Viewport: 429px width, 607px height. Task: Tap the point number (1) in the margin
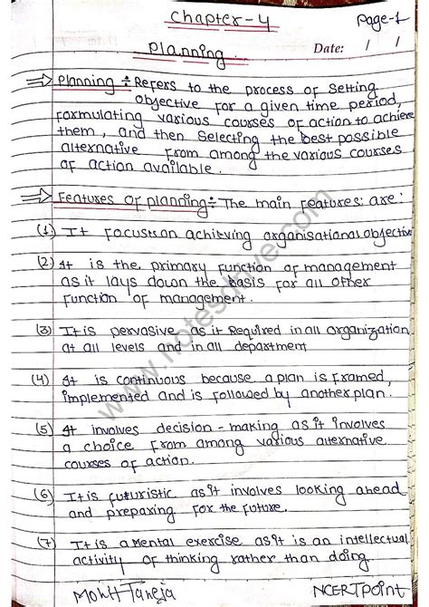pyautogui.click(x=46, y=231)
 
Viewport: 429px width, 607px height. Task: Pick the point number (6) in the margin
pyautogui.click(x=43, y=494)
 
